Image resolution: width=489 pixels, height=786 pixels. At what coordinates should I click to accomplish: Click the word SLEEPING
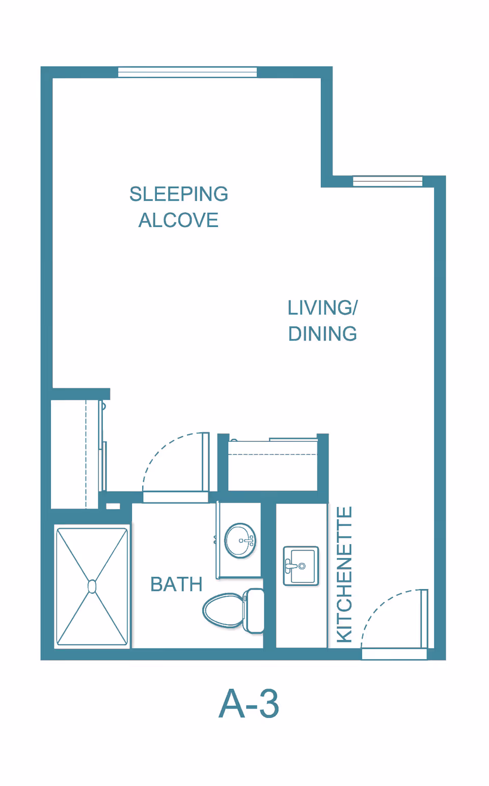179,194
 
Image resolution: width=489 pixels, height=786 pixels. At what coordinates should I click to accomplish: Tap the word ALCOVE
178,220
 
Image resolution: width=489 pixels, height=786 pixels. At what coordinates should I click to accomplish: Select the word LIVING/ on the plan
322,308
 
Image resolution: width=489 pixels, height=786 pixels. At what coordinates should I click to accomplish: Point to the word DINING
322,334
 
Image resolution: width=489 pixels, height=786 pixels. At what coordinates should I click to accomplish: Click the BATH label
176,584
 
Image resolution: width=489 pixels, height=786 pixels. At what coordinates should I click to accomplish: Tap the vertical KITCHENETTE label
344,574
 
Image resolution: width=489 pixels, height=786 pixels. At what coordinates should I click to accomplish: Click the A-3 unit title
249,704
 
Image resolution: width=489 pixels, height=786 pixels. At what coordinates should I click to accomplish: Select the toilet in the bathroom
233,611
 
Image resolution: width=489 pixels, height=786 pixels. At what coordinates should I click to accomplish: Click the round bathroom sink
240,541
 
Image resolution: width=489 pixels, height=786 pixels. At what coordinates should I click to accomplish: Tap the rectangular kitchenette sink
301,566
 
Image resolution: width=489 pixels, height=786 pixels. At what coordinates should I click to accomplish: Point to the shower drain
92,586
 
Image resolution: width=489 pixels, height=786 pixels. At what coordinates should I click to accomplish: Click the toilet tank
254,611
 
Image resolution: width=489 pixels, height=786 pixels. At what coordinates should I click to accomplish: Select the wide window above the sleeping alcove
187,72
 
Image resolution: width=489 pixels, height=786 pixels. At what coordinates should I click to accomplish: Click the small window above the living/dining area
388,181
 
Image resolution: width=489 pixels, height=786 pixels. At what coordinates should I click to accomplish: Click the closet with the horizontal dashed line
273,465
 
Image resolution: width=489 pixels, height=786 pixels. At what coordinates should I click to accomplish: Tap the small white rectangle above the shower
113,507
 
